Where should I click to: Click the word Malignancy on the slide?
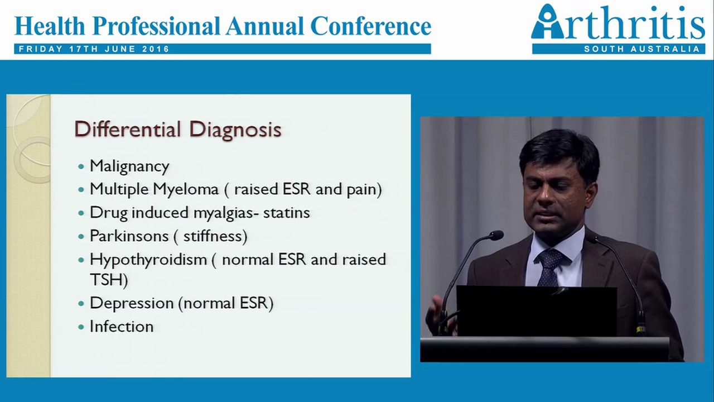click(x=129, y=166)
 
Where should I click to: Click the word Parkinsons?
click(x=129, y=236)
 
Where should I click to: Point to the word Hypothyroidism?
click(x=148, y=260)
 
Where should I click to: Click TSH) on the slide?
click(x=109, y=280)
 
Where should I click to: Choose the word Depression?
click(x=132, y=303)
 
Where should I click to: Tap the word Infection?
click(x=122, y=327)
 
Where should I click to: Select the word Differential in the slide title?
click(x=128, y=129)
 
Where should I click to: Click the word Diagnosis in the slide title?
click(x=235, y=129)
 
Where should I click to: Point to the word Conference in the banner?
click(x=370, y=26)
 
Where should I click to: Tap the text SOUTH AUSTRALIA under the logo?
click(x=641, y=49)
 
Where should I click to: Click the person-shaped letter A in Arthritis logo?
click(x=546, y=23)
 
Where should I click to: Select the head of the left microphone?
click(x=495, y=235)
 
